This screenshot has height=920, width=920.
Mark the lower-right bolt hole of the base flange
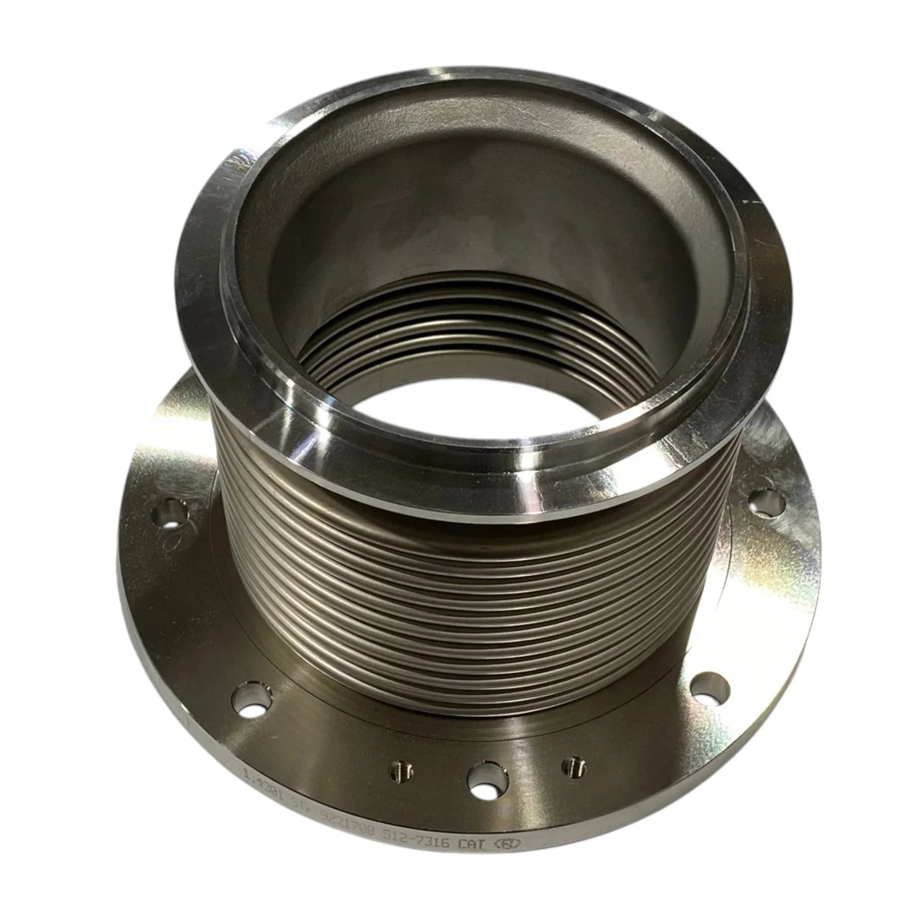[x=712, y=687]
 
